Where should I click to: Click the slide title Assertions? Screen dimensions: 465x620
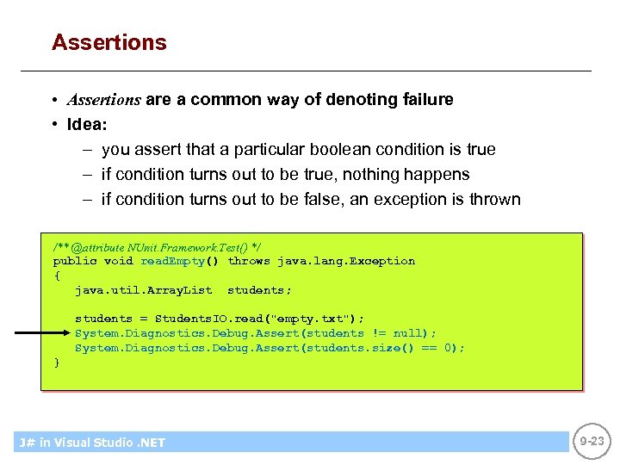109,42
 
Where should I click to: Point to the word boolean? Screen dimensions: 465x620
323,149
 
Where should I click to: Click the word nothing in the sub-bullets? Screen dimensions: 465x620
373,174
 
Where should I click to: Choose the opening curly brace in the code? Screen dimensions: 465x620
57,276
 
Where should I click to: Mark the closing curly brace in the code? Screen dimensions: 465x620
57,363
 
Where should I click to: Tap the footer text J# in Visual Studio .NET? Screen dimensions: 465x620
92,443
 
